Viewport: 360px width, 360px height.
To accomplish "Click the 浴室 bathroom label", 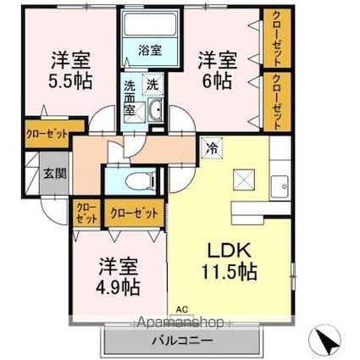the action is point(150,50).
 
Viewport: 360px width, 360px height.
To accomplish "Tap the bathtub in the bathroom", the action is point(150,25).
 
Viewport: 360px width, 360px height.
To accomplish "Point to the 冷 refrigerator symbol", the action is point(213,149).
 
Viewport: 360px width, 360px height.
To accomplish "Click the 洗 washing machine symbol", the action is point(152,84).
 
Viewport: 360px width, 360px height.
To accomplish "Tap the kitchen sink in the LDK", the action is point(280,186).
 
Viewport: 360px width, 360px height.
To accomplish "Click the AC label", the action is point(182,309).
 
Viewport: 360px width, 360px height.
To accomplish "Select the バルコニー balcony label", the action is point(182,341).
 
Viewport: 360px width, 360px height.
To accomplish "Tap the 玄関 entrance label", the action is point(55,174).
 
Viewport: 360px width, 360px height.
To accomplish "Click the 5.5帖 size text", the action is point(70,82).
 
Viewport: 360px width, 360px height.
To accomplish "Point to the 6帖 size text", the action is point(217,82).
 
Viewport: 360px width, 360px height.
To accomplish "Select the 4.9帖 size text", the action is point(118,287).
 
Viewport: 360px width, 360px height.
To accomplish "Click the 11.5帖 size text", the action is point(229,272).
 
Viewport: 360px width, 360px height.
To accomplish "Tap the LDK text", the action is point(230,250).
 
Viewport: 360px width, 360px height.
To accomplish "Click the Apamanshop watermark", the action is point(180,322).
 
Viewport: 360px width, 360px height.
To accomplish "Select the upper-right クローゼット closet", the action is point(277,38).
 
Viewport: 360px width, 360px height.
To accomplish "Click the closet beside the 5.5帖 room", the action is point(47,134).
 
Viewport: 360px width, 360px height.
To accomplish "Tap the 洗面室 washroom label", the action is point(130,97).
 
